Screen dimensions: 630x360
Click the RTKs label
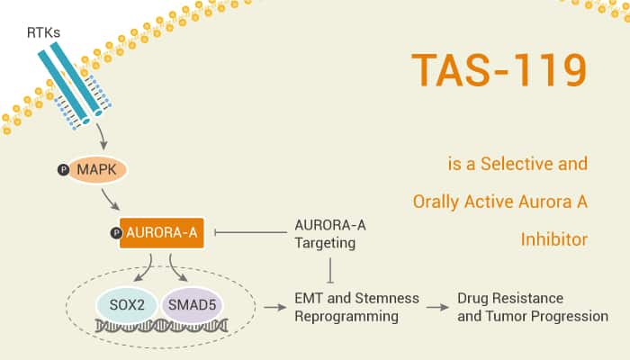pos(43,32)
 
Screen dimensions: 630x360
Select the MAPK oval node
pos(97,169)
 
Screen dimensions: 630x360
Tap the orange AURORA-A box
pos(161,232)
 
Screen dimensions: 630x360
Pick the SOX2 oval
pos(127,305)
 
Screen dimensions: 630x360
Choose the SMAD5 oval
pos(192,305)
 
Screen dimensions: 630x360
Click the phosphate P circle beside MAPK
pos(64,170)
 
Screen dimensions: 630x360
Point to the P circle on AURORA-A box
pos(116,233)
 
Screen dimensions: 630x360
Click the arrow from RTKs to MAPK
pos(102,137)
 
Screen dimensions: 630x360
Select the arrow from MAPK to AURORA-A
pos(110,200)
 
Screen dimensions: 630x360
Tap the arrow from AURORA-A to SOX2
pos(147,268)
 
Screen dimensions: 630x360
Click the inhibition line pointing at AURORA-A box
pos(251,232)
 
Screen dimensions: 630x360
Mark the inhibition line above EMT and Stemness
pos(330,270)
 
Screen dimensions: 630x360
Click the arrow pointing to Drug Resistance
pos(437,308)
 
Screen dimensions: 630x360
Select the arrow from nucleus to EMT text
pos(275,308)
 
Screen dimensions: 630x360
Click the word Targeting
pos(325,244)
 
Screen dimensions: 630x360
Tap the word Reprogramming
pos(346,317)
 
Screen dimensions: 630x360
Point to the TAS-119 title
pos(499,70)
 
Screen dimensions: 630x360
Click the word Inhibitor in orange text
pos(554,239)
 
